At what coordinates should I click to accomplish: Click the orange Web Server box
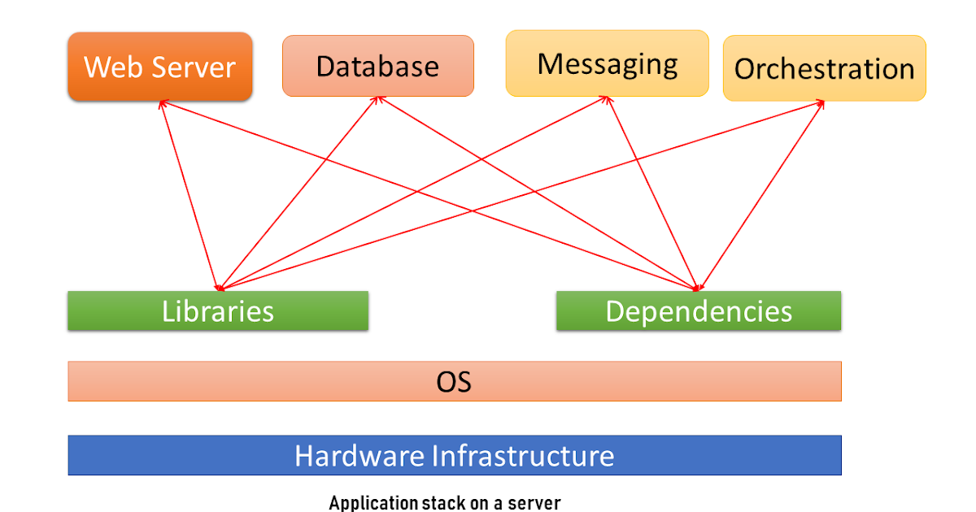[x=159, y=67]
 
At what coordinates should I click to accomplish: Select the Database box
[x=377, y=66]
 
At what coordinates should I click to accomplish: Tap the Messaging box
[x=607, y=63]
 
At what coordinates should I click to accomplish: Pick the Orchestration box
[x=824, y=68]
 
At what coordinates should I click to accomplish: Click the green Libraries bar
[x=217, y=311]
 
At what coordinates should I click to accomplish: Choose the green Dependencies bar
[x=698, y=311]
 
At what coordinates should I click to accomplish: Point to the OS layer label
[x=453, y=381]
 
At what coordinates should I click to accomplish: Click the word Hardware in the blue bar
[x=359, y=455]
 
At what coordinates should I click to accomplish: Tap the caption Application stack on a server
[x=445, y=503]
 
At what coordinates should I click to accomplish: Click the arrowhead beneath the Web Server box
[x=163, y=103]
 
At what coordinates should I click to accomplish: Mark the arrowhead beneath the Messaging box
[x=607, y=99]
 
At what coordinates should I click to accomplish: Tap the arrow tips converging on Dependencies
[x=697, y=286]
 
